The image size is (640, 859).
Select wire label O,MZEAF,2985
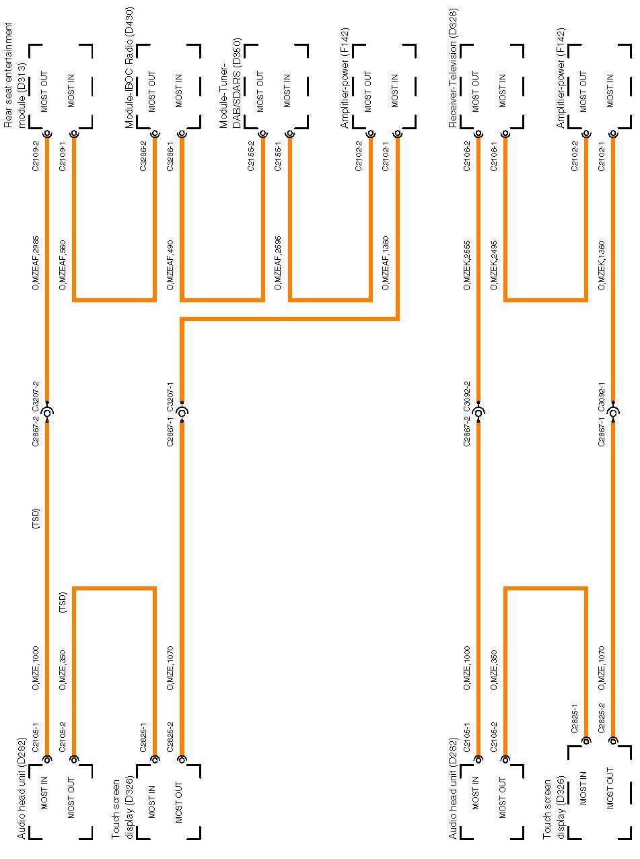36,263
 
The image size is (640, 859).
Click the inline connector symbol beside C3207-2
47,412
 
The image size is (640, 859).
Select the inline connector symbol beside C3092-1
612,412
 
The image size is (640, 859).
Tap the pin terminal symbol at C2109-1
74,134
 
